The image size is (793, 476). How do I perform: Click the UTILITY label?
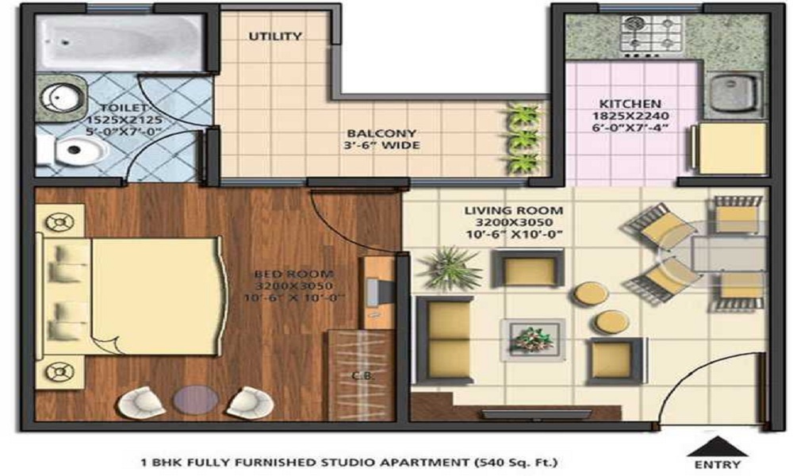[x=275, y=36]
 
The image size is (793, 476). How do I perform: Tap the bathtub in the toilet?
[x=121, y=42]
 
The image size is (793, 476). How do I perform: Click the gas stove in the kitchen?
[x=651, y=35]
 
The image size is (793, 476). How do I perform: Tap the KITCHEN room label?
[x=630, y=104]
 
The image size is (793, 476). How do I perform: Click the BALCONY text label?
[x=381, y=133]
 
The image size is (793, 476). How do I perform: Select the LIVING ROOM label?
[x=513, y=210]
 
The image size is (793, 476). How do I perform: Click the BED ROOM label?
[x=294, y=274]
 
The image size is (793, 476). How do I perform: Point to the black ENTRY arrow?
[x=717, y=446]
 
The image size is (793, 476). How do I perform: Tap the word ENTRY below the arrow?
[x=717, y=464]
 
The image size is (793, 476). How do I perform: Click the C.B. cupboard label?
[x=362, y=376]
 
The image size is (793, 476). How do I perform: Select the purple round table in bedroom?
[x=196, y=399]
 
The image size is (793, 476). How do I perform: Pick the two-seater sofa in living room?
[x=444, y=340]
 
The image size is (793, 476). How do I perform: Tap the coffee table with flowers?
[x=533, y=340]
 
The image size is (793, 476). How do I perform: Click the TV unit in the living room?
[x=536, y=414]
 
